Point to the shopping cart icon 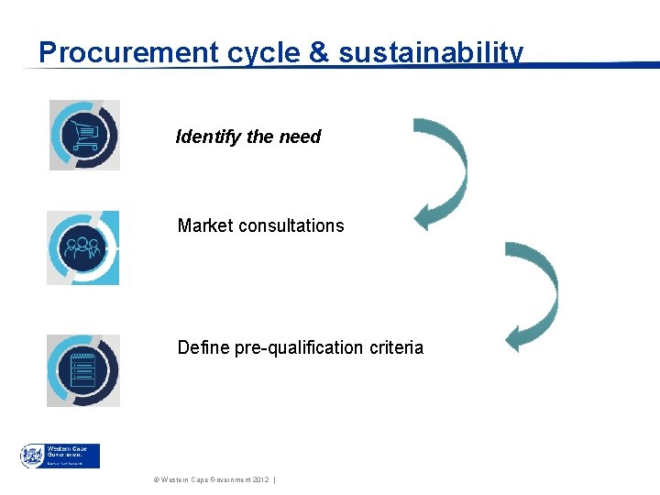pos(84,136)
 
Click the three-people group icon pos(83,247)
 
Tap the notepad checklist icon pos(83,369)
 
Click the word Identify pos(208,137)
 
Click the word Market pos(205,225)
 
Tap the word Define pos(202,348)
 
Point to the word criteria pos(396,348)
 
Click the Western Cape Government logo pos(60,456)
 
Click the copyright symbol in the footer pos(157,480)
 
